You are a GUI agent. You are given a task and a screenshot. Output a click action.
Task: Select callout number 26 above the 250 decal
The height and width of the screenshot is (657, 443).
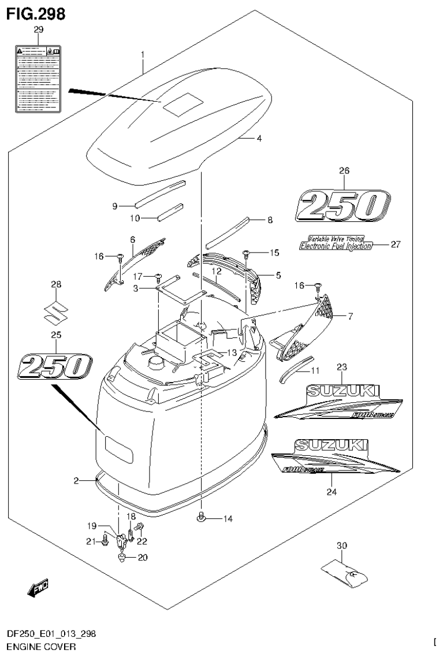tap(344, 170)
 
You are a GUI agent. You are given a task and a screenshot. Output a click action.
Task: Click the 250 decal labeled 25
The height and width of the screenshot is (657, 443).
tap(56, 366)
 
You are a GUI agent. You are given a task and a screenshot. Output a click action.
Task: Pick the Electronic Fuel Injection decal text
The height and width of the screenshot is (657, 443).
tap(336, 245)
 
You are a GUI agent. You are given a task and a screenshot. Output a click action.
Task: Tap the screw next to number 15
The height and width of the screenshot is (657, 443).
tap(247, 253)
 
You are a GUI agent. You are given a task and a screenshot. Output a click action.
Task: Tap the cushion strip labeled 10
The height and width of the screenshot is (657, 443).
tap(170, 211)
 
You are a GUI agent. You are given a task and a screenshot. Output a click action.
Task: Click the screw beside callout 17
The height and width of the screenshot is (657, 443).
tap(158, 277)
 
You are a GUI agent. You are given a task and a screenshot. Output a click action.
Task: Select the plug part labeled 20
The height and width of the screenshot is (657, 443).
tap(121, 557)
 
